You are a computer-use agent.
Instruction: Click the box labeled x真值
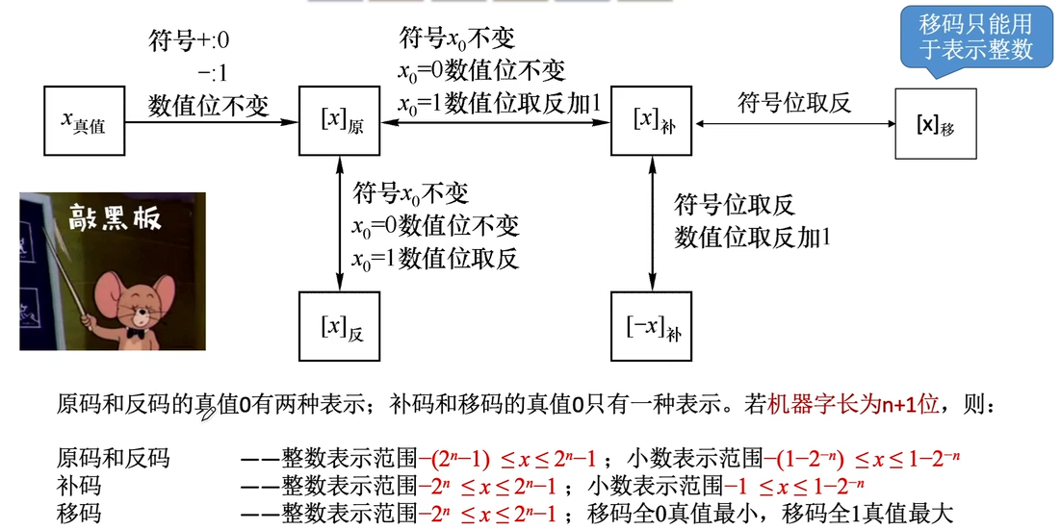pyautogui.click(x=85, y=121)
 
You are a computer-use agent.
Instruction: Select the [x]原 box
pyautogui.click(x=340, y=121)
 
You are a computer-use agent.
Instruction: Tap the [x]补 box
pyautogui.click(x=652, y=121)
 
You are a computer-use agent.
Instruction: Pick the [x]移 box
pyautogui.click(x=935, y=123)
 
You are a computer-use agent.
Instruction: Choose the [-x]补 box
pyautogui.click(x=652, y=328)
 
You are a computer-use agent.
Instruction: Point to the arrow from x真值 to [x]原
pyautogui.click(x=212, y=122)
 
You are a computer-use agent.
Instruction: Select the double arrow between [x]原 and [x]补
pyautogui.click(x=496, y=122)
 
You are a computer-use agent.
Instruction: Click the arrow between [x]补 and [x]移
pyautogui.click(x=793, y=123)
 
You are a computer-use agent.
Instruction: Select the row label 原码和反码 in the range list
pyautogui.click(x=113, y=458)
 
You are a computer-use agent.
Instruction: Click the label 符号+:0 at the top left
pyautogui.click(x=189, y=41)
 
